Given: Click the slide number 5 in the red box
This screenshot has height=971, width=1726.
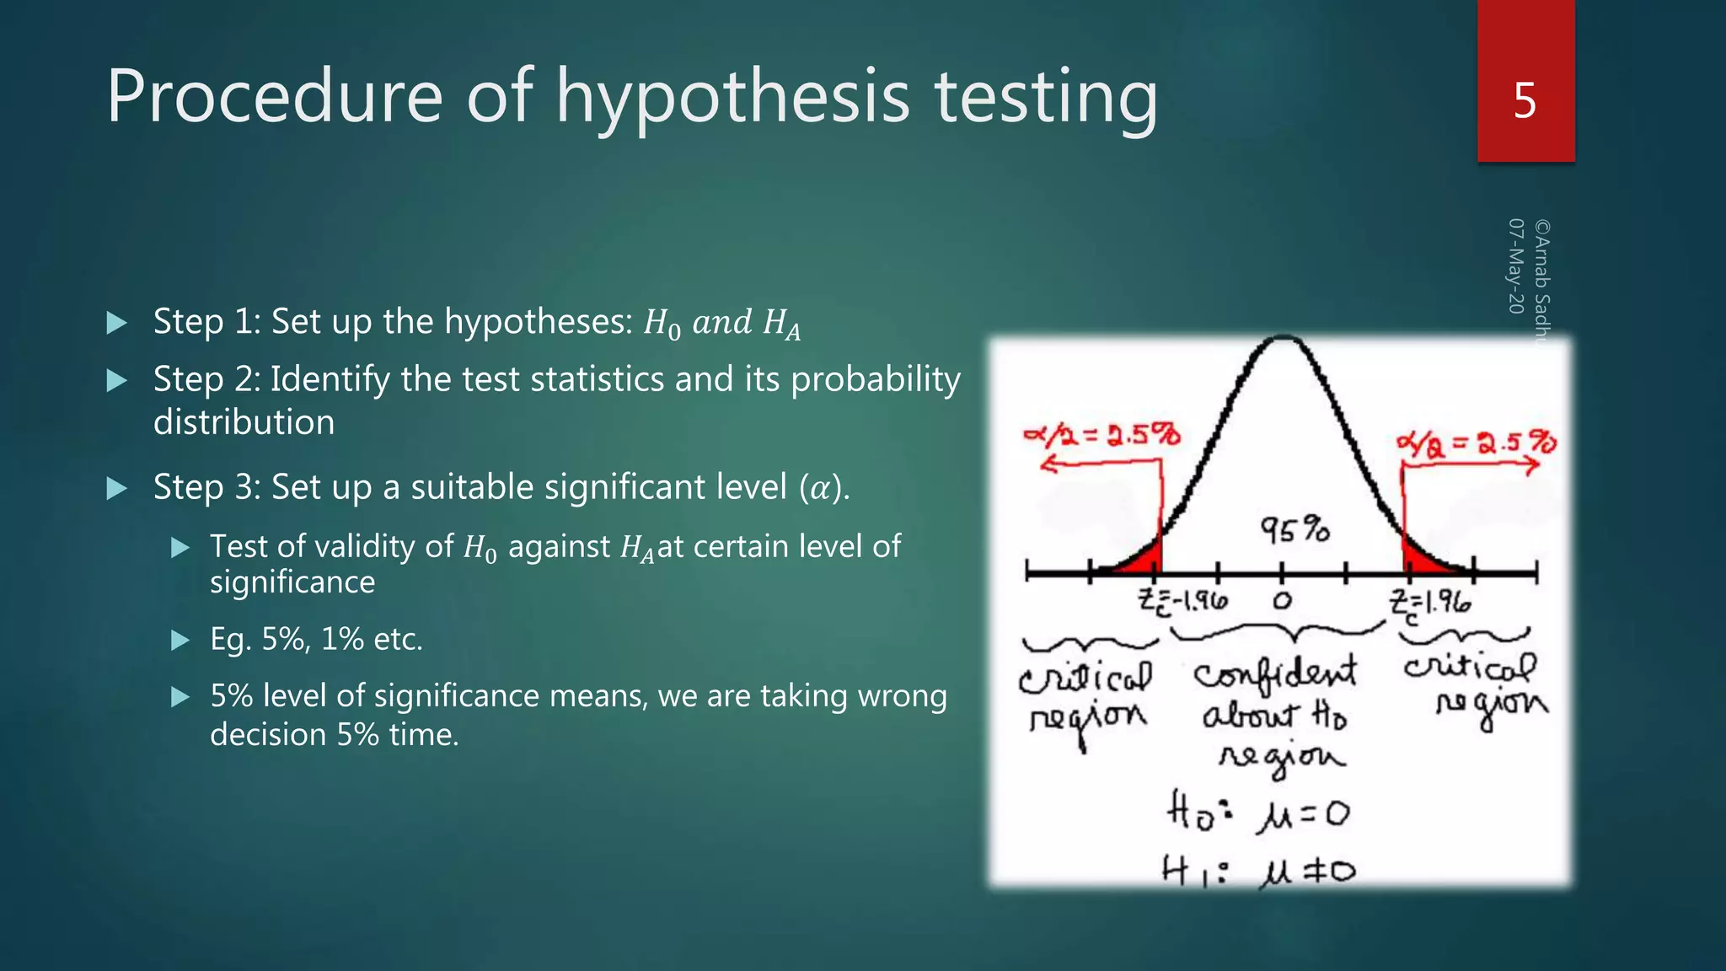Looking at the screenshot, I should pyautogui.click(x=1525, y=101).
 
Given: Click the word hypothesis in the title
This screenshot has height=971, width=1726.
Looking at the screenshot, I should pyautogui.click(x=732, y=98).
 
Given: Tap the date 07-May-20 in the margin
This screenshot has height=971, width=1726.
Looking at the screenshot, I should pyautogui.click(x=1515, y=266).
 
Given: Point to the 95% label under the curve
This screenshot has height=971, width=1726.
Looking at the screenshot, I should pyautogui.click(x=1294, y=529).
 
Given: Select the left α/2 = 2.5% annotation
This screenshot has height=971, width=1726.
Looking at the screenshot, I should pyautogui.click(x=1102, y=435).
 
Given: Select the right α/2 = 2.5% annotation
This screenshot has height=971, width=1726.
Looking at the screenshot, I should pyautogui.click(x=1475, y=442).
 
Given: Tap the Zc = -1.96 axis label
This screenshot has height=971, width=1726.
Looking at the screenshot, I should pyautogui.click(x=1182, y=602).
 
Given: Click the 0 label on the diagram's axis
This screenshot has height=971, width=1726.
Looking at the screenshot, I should pyautogui.click(x=1282, y=601).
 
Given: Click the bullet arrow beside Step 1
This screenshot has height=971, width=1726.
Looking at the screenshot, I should pyautogui.click(x=117, y=323).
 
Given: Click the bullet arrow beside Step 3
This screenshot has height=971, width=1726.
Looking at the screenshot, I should pyautogui.click(x=117, y=488).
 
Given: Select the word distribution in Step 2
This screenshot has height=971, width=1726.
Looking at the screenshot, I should pyautogui.click(x=244, y=422).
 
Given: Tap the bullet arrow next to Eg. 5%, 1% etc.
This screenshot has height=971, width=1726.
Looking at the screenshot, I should pyautogui.click(x=180, y=641).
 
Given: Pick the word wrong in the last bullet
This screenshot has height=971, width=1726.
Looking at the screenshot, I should pyautogui.click(x=902, y=696).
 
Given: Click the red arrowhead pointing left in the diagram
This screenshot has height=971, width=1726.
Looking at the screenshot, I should pyautogui.click(x=1048, y=463).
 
